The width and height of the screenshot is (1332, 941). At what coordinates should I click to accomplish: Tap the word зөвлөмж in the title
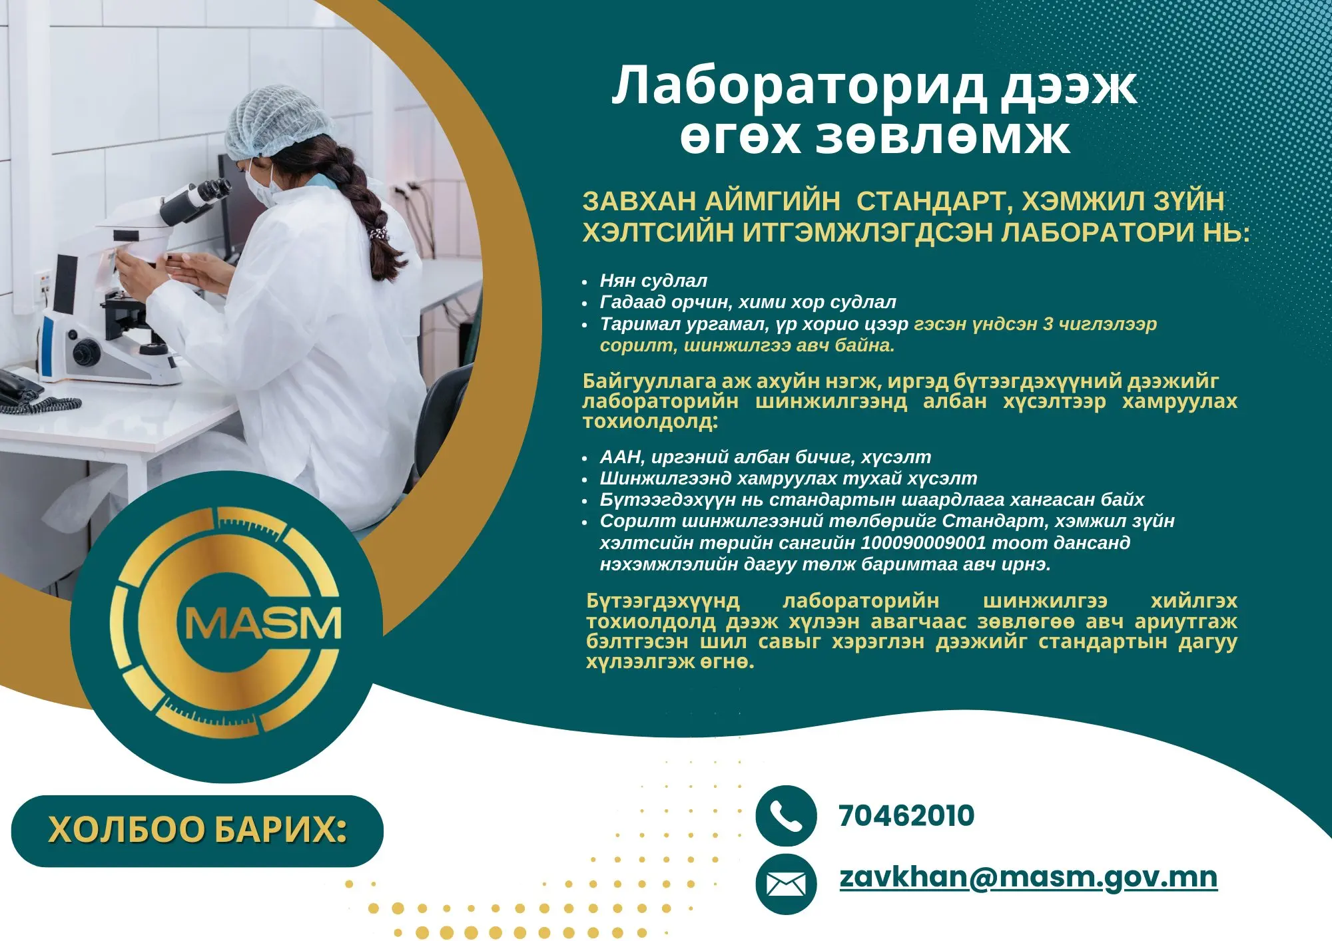(942, 137)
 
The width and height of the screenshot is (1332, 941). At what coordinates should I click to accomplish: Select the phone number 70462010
(906, 816)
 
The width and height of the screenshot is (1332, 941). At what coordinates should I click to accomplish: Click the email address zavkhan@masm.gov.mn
(1028, 877)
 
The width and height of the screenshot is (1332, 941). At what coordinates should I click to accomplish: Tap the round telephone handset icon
(786, 816)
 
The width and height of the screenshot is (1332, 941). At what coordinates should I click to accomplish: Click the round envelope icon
(786, 884)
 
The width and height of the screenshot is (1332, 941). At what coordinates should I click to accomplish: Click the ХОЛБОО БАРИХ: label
(198, 831)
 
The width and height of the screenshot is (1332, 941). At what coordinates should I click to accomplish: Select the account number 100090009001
(923, 542)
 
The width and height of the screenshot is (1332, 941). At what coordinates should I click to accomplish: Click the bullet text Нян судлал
(653, 281)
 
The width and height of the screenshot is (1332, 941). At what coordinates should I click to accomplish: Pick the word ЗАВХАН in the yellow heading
(639, 201)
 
